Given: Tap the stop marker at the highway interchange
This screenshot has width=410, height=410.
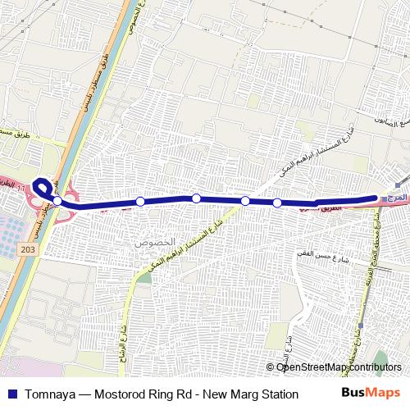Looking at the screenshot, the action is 57,200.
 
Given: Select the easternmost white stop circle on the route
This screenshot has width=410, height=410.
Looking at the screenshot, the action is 277,203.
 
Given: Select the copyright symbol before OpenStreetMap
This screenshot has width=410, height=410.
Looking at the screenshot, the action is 271,367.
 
